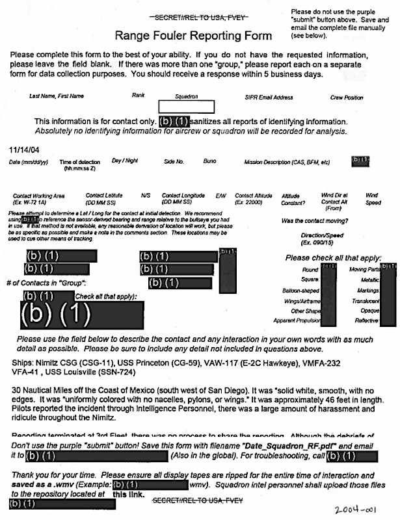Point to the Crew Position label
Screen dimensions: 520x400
[x=346, y=97]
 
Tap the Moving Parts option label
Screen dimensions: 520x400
[x=365, y=269]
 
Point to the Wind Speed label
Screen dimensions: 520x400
[x=371, y=198]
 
